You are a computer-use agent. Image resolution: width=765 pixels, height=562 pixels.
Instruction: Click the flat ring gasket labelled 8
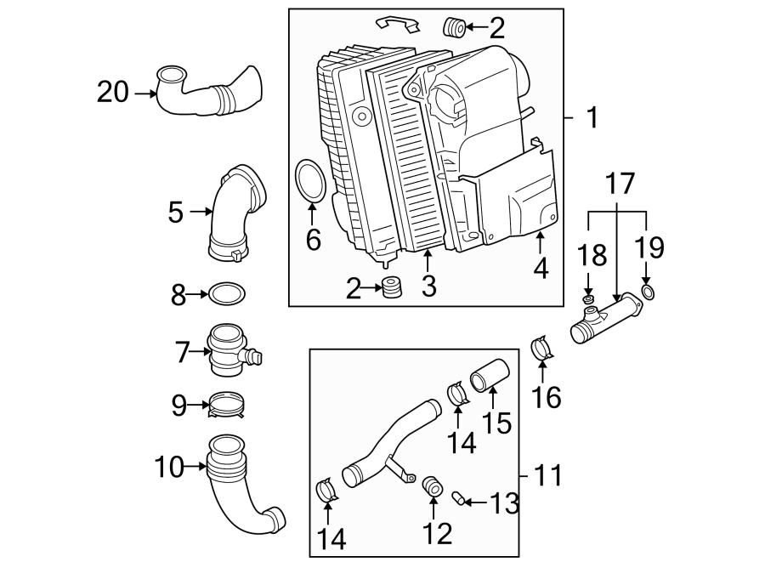pyautogui.click(x=227, y=295)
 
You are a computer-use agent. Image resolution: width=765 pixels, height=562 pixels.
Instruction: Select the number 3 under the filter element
pyautogui.click(x=428, y=287)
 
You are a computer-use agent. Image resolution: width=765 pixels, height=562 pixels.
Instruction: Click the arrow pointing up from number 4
pyautogui.click(x=541, y=244)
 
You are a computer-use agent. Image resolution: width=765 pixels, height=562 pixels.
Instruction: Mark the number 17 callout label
pyautogui.click(x=620, y=182)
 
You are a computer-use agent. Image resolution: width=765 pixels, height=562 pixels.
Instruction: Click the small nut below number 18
pyautogui.click(x=587, y=300)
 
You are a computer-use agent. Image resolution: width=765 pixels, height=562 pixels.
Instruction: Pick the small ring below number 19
pyautogui.click(x=647, y=293)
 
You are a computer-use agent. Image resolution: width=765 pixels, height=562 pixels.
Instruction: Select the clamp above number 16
pyautogui.click(x=541, y=349)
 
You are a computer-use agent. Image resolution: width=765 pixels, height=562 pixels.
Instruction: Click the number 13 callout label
pyautogui.click(x=502, y=504)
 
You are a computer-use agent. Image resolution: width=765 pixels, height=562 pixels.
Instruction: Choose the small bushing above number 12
pyautogui.click(x=433, y=485)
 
